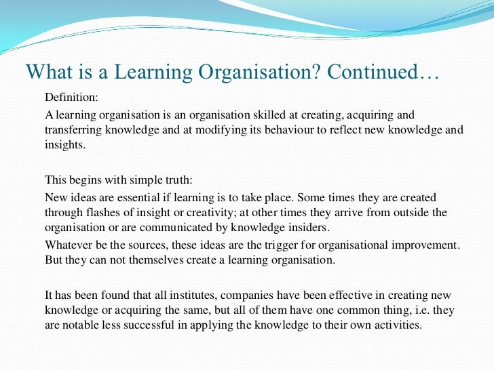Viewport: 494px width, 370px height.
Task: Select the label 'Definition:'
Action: [x=71, y=98]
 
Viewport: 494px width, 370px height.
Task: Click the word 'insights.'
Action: [x=65, y=144]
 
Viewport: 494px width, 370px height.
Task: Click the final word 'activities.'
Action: [x=397, y=325]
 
